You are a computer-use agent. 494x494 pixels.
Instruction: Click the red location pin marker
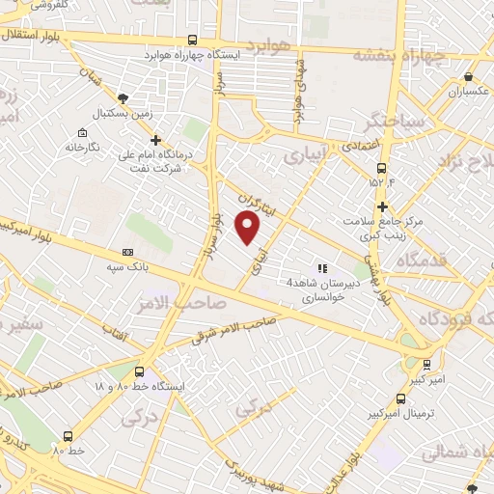pyautogui.click(x=248, y=228)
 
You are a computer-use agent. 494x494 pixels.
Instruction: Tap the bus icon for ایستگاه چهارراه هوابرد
pyautogui.click(x=194, y=41)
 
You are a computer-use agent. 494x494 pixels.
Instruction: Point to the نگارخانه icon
pyautogui.click(x=81, y=132)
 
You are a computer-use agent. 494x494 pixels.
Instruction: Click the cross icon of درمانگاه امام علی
pyautogui.click(x=155, y=142)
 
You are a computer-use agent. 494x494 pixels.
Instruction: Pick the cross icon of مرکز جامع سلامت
pyautogui.click(x=383, y=206)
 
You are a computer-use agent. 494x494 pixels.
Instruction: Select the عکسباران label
pyautogui.click(x=469, y=92)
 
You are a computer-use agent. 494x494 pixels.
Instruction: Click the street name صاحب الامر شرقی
pyautogui.click(x=235, y=330)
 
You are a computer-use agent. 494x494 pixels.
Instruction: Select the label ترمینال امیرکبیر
pyautogui.click(x=425, y=414)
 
